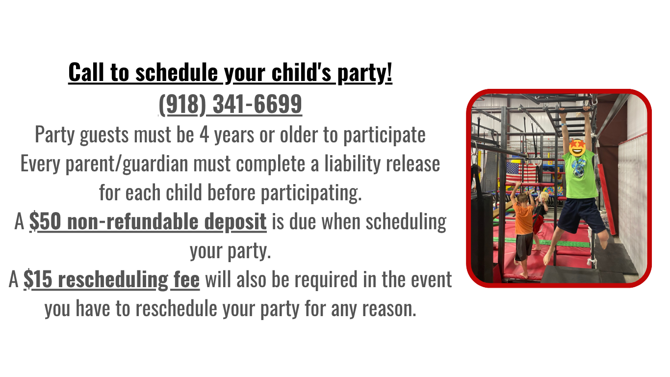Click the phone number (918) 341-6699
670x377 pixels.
(x=230, y=104)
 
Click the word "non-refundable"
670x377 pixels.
(x=133, y=221)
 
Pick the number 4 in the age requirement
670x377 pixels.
(x=204, y=135)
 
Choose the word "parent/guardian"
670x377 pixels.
(x=127, y=164)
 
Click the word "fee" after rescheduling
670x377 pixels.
(x=185, y=279)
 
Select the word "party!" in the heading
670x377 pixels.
(x=364, y=73)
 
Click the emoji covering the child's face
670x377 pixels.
(x=577, y=147)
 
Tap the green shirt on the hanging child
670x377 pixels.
(x=580, y=174)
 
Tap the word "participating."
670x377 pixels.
(x=311, y=193)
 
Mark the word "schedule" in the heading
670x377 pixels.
(x=177, y=72)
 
